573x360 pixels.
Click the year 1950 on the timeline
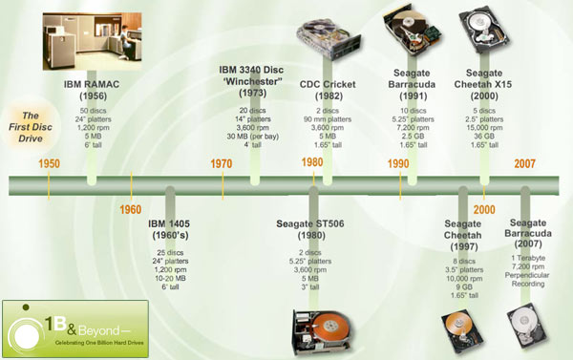coord(50,163)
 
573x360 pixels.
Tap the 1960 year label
coord(131,209)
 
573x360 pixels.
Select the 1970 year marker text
coord(222,163)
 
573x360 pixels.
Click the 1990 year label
coord(398,163)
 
